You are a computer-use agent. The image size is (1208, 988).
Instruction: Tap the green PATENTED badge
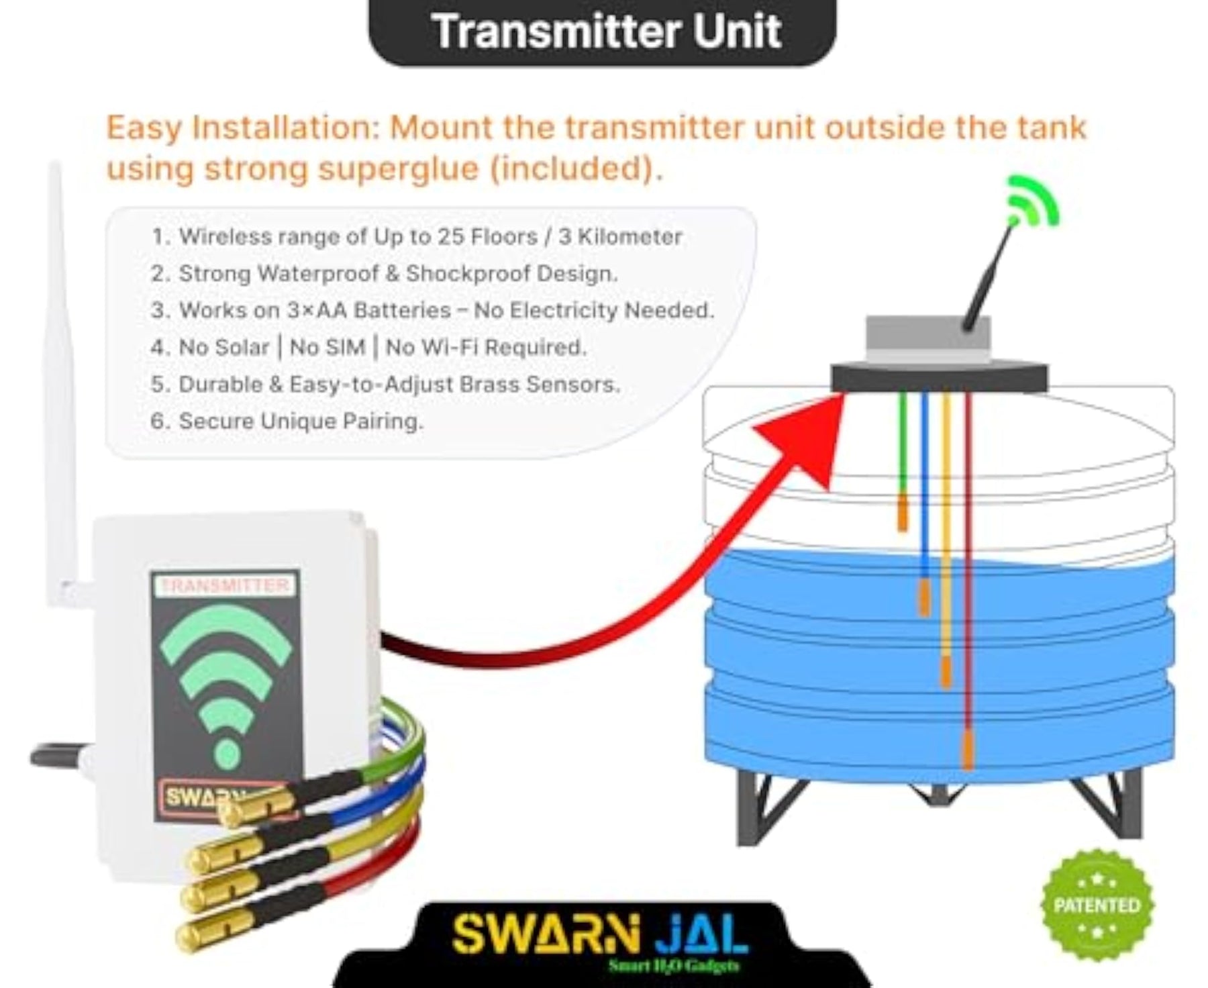1097,905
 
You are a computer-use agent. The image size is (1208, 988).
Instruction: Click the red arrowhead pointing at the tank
805,436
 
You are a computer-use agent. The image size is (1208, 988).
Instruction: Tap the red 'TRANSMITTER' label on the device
225,585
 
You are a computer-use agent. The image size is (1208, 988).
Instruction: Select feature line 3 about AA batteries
433,311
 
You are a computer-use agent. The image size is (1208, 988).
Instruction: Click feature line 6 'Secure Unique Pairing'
287,422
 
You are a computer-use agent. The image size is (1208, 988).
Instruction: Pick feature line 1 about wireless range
417,237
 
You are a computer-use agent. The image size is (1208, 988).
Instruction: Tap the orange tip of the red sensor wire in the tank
967,750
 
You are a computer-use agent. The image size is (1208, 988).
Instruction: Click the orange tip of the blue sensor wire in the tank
924,597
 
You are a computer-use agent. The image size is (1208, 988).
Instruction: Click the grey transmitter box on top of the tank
928,341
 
